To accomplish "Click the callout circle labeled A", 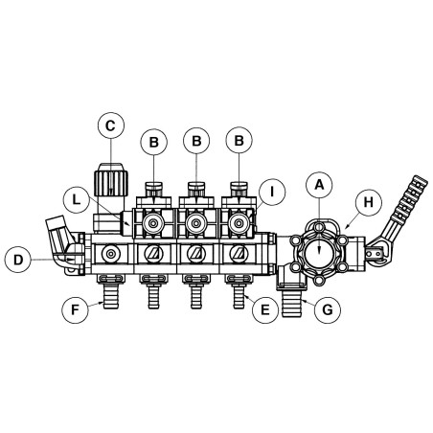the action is pyautogui.click(x=319, y=185).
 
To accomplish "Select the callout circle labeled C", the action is pyautogui.click(x=111, y=125).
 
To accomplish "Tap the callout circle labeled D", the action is pyautogui.click(x=18, y=260).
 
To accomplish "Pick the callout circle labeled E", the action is pyautogui.click(x=265, y=309).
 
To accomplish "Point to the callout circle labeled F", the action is pyautogui.click(x=75, y=309).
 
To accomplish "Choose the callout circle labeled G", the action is pyautogui.click(x=328, y=309).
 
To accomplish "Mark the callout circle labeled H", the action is pyautogui.click(x=368, y=202).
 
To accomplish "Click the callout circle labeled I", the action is pyautogui.click(x=272, y=192).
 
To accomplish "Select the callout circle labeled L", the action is pyautogui.click(x=76, y=200).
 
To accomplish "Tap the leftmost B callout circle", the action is pyautogui.click(x=154, y=142).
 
